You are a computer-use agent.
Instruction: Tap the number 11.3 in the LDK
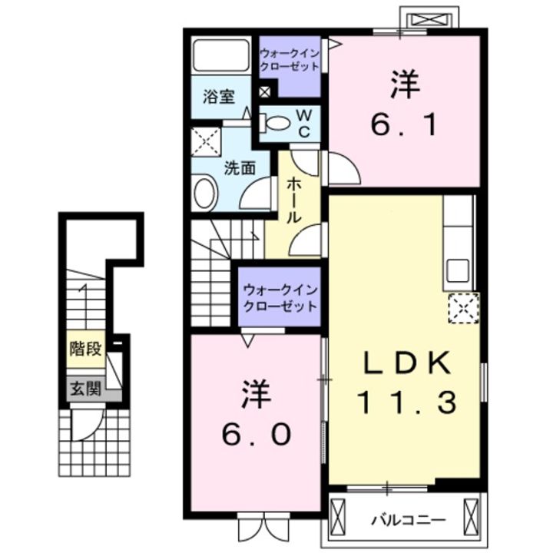(406, 401)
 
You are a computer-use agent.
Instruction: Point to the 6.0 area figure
(257, 434)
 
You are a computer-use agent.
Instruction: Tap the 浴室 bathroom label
(218, 98)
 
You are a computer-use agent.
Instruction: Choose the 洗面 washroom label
(239, 168)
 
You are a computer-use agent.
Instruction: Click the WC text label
(303, 122)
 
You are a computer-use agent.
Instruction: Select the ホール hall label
(293, 201)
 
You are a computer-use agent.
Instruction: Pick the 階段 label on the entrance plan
(85, 349)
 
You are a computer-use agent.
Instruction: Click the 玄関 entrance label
(85, 389)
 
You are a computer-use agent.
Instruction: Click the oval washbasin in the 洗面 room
(205, 192)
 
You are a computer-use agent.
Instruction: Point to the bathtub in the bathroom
(219, 56)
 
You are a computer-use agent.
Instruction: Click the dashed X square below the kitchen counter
(463, 308)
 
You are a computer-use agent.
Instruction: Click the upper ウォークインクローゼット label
(289, 60)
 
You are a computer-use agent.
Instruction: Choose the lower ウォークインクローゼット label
(280, 298)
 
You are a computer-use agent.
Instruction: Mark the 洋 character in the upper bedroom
(405, 85)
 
